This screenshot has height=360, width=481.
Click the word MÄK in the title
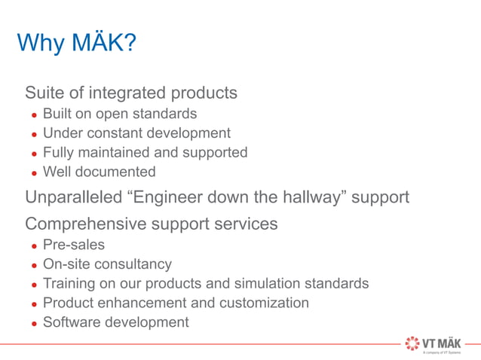click(x=105, y=43)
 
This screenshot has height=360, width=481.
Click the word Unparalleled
click(x=73, y=197)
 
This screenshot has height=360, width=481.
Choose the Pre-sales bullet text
click(x=74, y=245)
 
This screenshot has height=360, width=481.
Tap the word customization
click(x=264, y=303)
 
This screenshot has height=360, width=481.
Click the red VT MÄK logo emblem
click(x=414, y=343)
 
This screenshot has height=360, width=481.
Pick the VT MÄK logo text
click(x=443, y=342)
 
